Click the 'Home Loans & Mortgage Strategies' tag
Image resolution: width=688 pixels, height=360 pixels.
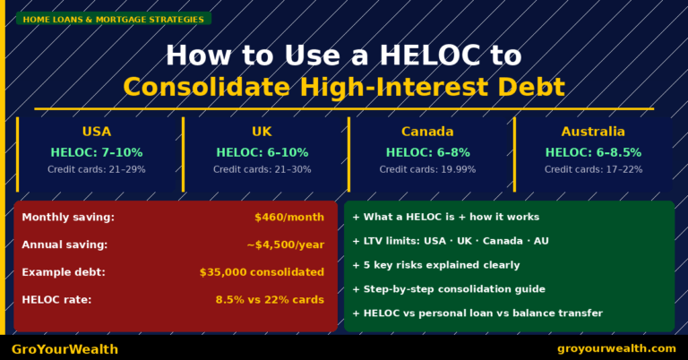point(113,18)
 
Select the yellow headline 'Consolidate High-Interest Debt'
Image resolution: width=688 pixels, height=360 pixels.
point(344,87)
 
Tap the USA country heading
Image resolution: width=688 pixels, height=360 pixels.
point(97,132)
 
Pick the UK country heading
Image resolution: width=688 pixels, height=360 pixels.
point(262,132)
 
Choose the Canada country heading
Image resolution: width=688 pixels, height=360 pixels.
point(427,132)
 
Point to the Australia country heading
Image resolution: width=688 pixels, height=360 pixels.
point(593,132)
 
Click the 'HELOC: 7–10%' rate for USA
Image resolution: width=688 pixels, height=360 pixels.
point(97,152)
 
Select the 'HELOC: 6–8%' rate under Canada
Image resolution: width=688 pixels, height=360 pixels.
point(427,152)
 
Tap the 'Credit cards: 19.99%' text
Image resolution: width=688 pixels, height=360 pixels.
point(427,169)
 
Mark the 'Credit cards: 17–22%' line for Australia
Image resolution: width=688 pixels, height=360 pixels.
point(593,169)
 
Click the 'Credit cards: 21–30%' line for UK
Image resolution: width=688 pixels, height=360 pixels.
point(262,169)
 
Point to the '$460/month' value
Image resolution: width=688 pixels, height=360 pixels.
point(289,218)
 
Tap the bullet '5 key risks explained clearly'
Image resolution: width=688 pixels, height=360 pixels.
point(443,265)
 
